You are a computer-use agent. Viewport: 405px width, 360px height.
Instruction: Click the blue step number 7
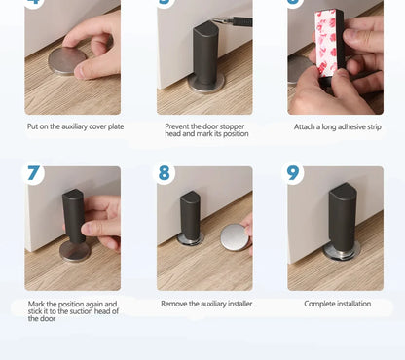(34, 174)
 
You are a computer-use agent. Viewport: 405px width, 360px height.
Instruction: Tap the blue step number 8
(164, 174)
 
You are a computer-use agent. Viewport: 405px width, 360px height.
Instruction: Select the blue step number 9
(294, 174)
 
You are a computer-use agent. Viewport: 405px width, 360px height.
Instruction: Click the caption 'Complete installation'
(337, 304)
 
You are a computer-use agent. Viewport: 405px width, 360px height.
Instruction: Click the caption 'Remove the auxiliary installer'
(204, 304)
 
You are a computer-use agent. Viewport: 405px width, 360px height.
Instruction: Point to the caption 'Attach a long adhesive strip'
(336, 126)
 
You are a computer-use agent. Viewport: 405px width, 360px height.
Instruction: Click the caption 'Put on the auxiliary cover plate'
(75, 126)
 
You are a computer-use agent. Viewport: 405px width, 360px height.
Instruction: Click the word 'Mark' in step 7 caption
(37, 304)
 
